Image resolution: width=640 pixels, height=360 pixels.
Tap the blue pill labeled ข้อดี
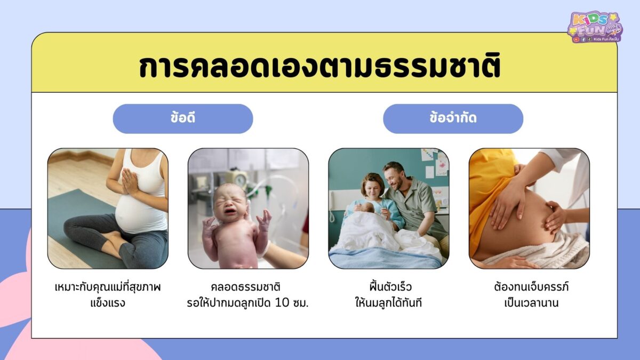182,118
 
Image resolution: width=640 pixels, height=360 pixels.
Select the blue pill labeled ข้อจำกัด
453,118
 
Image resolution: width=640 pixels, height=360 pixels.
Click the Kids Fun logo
595,27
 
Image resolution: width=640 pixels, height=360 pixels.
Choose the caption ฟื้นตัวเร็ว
388,287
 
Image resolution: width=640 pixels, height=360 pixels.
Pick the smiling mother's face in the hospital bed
371,187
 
